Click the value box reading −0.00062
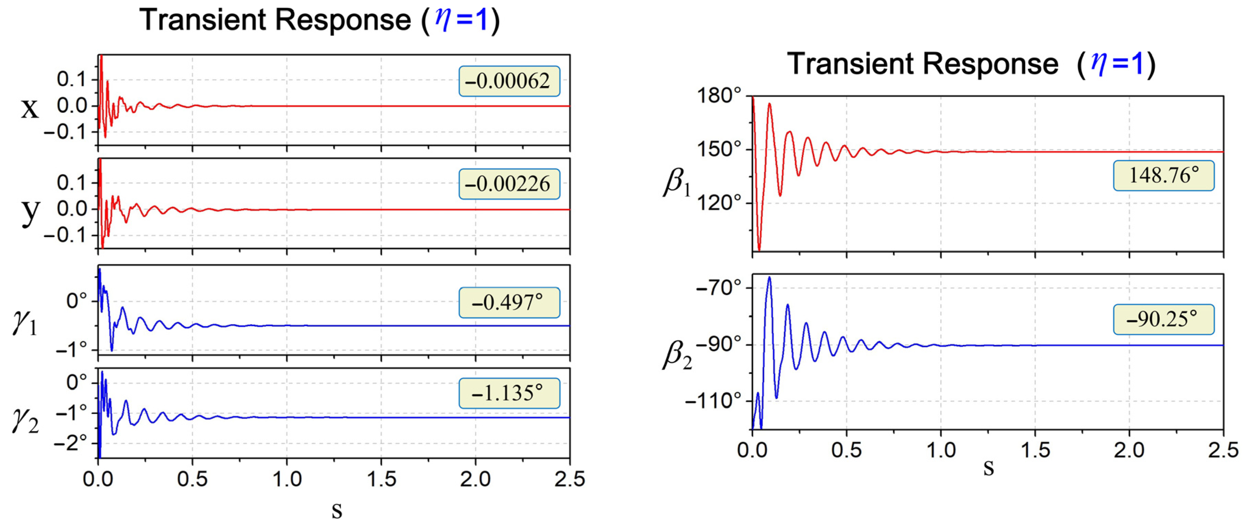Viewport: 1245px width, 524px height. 509,81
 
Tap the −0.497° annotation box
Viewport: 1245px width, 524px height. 509,303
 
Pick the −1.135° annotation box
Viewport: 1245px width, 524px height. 509,393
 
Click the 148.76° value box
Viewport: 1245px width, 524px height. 1163,176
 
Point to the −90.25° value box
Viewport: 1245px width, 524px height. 1163,319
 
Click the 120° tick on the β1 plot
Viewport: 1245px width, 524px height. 718,202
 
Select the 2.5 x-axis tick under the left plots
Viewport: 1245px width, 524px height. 569,479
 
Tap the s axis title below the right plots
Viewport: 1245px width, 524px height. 989,469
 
